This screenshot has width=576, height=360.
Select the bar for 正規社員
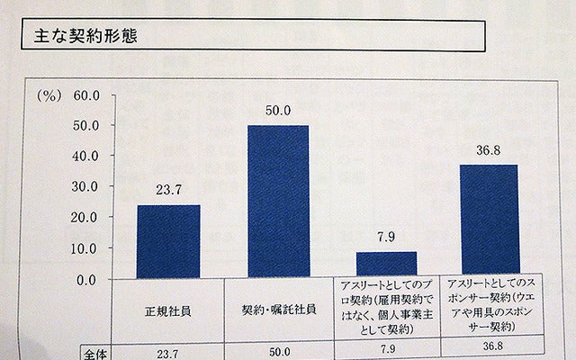pyautogui.click(x=168, y=242)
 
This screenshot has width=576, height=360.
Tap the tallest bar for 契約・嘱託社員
pyautogui.click(x=277, y=202)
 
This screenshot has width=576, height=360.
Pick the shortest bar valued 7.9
pyautogui.click(x=386, y=265)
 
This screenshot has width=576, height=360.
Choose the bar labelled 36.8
pyautogui.click(x=489, y=221)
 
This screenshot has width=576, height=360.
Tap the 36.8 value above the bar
pyautogui.click(x=489, y=150)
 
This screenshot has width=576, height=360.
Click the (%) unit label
pyautogui.click(x=49, y=93)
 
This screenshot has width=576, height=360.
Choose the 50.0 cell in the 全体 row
pyautogui.click(x=277, y=352)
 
